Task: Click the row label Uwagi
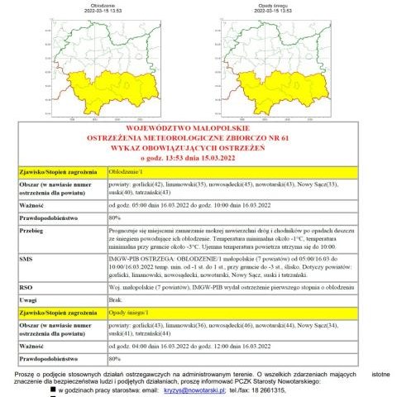(x=30, y=299)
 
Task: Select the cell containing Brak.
(x=117, y=299)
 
